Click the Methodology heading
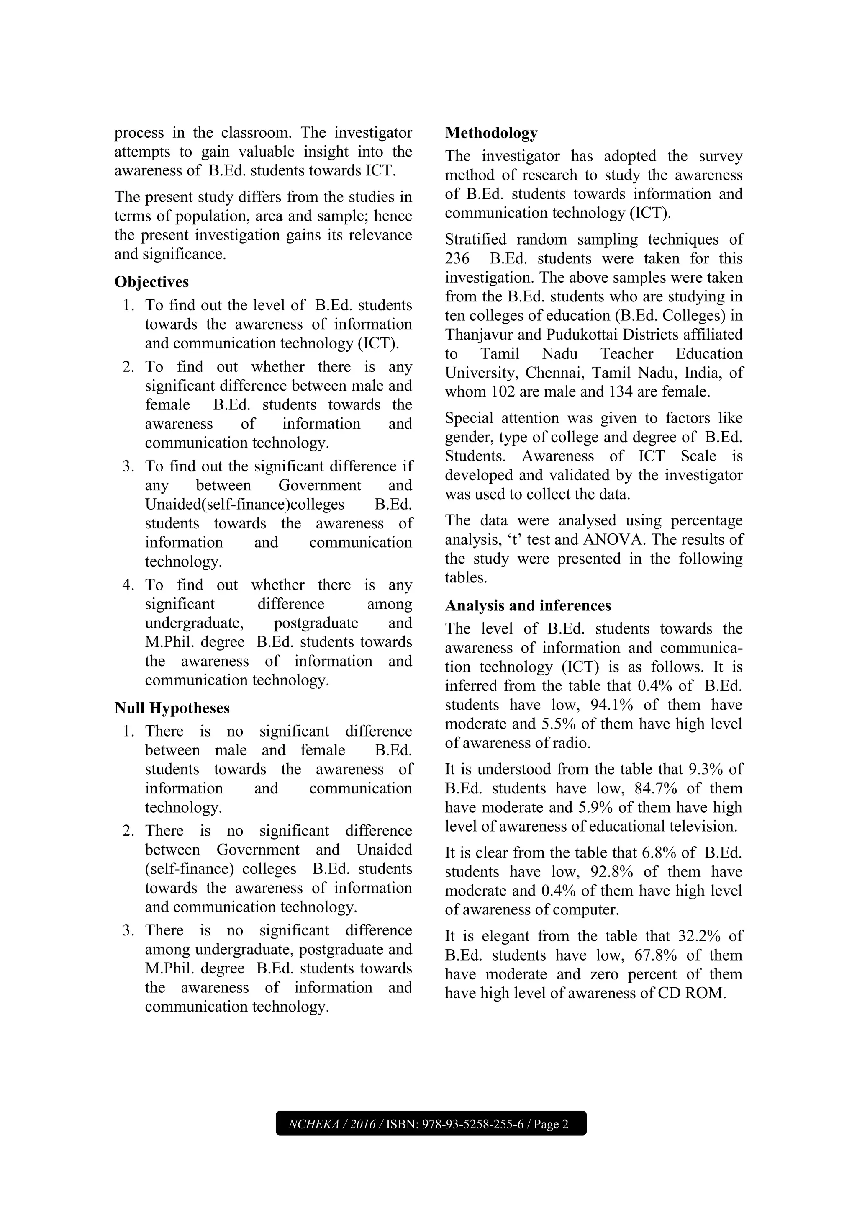(x=491, y=133)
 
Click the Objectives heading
(x=151, y=282)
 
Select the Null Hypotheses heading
(x=172, y=708)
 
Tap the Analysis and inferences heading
(x=528, y=605)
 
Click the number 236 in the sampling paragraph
(x=457, y=259)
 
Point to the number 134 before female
(x=622, y=392)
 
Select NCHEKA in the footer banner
(x=313, y=1124)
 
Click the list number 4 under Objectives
(x=127, y=585)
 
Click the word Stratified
(x=476, y=240)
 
